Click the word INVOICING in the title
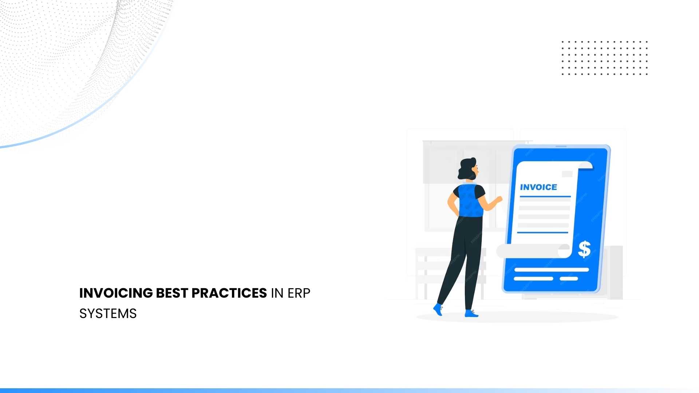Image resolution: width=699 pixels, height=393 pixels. pyautogui.click(x=116, y=293)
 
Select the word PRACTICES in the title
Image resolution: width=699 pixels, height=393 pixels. pyautogui.click(x=229, y=293)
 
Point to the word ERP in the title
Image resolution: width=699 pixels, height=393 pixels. pyautogui.click(x=299, y=293)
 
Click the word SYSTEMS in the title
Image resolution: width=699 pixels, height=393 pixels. pyautogui.click(x=108, y=314)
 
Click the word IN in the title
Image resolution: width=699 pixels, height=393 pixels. pyautogui.click(x=277, y=293)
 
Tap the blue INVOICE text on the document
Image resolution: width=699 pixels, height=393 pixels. pyautogui.click(x=538, y=187)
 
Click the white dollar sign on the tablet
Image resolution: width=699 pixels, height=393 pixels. pyautogui.click(x=584, y=250)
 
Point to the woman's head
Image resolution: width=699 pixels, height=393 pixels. pyautogui.click(x=468, y=168)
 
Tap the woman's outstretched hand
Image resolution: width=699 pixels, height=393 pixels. pyautogui.click(x=498, y=199)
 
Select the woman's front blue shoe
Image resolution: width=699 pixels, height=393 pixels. pyautogui.click(x=471, y=313)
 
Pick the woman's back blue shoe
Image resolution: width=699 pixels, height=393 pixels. pyautogui.click(x=438, y=310)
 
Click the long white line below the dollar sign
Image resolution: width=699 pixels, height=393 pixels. pyautogui.click(x=551, y=270)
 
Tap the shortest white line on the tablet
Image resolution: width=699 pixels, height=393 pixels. pyautogui.click(x=569, y=279)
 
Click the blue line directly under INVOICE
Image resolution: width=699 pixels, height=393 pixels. pyautogui.click(x=545, y=196)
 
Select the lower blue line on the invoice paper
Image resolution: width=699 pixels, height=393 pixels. pyautogui.click(x=542, y=232)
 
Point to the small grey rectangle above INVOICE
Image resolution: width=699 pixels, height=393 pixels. pyautogui.click(x=567, y=174)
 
